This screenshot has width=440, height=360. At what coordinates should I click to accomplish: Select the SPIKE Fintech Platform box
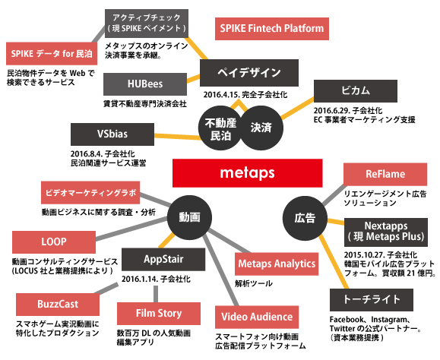(272, 29)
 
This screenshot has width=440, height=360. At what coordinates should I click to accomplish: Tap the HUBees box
(144, 83)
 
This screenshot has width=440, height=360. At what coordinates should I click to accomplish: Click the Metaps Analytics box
(277, 264)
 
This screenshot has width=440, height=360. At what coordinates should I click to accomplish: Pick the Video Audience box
(256, 316)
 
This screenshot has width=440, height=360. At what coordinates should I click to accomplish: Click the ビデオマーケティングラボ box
(88, 193)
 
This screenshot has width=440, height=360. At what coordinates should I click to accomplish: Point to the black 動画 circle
(189, 217)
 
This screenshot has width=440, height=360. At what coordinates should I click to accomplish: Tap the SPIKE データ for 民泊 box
(49, 54)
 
